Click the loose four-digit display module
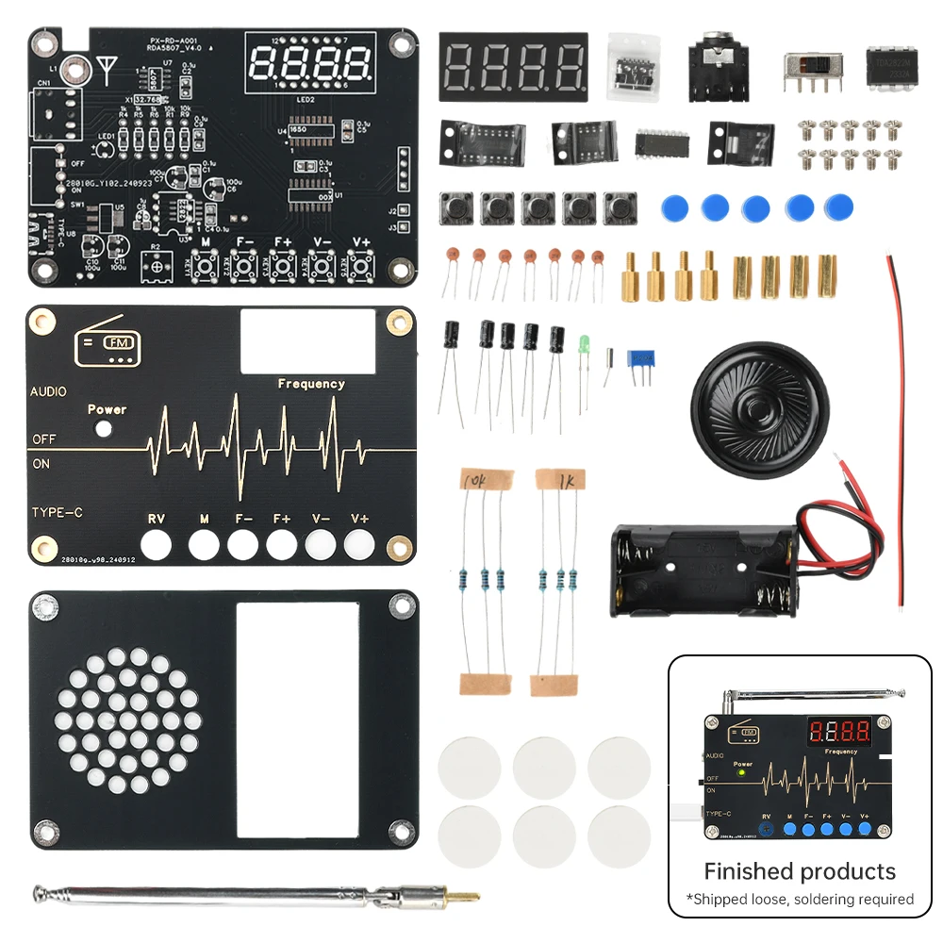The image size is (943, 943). pyautogui.click(x=513, y=66)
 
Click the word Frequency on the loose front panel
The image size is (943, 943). pyautogui.click(x=311, y=384)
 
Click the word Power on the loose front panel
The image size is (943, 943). pyautogui.click(x=107, y=409)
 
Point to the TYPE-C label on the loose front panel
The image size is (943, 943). pyautogui.click(x=58, y=512)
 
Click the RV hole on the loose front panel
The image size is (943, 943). pyautogui.click(x=157, y=545)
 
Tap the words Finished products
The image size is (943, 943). pyautogui.click(x=799, y=870)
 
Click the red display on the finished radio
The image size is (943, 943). pyautogui.click(x=838, y=732)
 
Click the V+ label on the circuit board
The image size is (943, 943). pyautogui.click(x=361, y=241)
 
